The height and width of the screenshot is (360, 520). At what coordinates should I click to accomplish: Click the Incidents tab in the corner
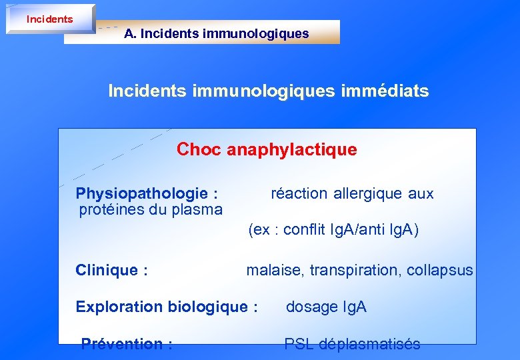click(x=50, y=19)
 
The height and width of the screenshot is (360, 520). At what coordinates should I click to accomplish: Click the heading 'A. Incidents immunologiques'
click(x=216, y=33)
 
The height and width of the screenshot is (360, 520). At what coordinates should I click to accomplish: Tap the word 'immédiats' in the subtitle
click(x=386, y=91)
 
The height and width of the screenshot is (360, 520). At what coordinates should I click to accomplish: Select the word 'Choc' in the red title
click(x=199, y=149)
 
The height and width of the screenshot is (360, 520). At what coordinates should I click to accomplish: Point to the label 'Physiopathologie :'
click(x=146, y=194)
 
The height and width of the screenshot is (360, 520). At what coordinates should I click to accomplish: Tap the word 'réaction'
click(x=299, y=194)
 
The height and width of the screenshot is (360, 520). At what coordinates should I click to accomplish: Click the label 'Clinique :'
click(x=111, y=271)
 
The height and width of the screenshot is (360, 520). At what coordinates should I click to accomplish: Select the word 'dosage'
click(x=311, y=307)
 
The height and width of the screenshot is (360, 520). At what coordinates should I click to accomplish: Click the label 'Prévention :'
click(x=127, y=345)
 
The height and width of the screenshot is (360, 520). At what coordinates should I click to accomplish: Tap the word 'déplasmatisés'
click(x=370, y=345)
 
